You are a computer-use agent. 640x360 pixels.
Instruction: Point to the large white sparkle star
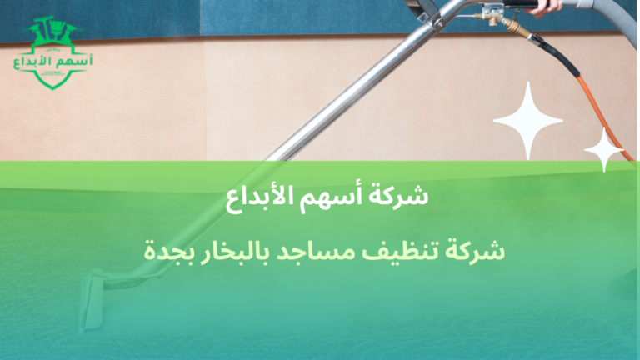coord(528,120)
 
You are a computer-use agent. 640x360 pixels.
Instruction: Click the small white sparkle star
coord(604,150)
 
